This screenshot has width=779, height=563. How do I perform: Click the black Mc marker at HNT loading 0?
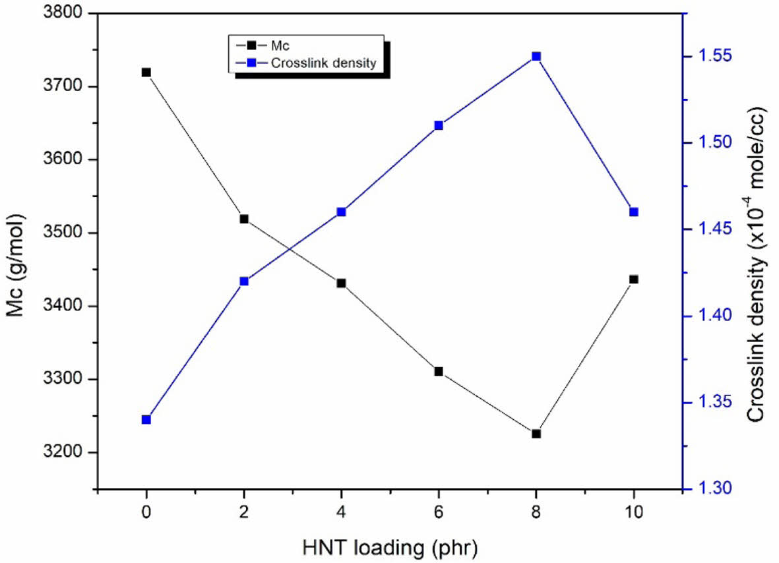click(146, 73)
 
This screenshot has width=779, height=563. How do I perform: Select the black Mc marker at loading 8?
click(536, 434)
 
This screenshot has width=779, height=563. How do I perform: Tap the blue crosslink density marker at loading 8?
click(536, 57)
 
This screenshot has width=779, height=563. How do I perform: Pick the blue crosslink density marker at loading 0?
click(146, 419)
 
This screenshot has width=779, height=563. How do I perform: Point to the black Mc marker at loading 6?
click(439, 372)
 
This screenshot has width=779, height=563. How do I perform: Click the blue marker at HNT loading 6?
click(439, 125)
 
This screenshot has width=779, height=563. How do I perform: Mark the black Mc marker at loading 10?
click(634, 280)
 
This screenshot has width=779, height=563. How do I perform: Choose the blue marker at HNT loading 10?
click(634, 212)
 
